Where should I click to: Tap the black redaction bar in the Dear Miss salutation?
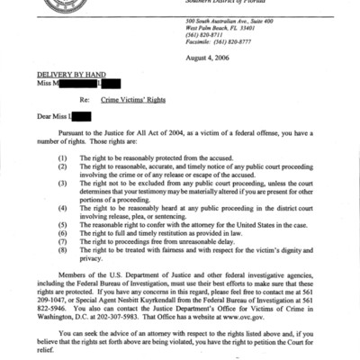point(81,116)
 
